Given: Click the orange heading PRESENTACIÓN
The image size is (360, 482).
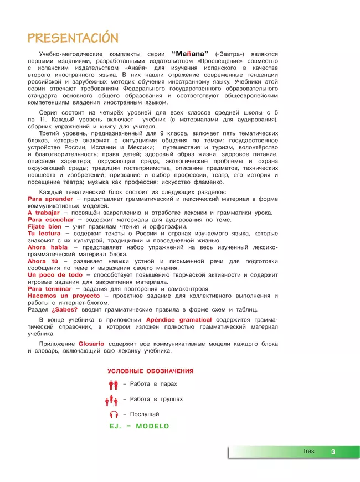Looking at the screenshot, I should coord(73,38).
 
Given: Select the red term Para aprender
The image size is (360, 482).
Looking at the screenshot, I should coord(50,198).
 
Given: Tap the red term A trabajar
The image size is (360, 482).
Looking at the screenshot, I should coord(44,212).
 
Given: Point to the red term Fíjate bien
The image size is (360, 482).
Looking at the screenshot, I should coord(45,226).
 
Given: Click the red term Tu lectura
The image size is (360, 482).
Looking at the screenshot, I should coord(44,234).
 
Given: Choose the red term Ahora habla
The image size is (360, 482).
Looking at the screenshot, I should coord(48,247).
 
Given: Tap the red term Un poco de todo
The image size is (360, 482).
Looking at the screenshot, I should coord(55,274).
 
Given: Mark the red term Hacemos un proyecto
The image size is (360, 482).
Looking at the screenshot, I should coord(63,296).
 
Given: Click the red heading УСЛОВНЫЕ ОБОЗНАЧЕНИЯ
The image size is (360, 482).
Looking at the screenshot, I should coord(151,371).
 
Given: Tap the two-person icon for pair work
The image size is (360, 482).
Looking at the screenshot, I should coord(114,385).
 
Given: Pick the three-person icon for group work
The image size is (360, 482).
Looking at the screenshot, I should coord(111,400).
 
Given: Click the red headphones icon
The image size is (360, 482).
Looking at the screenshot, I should coord(114,414).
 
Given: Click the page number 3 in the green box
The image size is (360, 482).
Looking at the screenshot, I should coord(333,452).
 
